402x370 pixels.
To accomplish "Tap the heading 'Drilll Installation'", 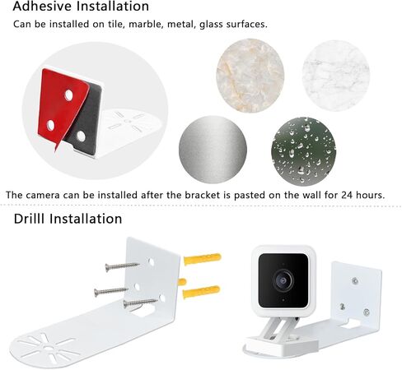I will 68,219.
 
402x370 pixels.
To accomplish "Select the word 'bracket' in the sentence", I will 195,195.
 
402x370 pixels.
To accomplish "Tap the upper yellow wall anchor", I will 202,260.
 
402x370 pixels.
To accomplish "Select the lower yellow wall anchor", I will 201,291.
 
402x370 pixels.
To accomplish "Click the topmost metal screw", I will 123,266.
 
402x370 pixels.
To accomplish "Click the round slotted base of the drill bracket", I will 50,345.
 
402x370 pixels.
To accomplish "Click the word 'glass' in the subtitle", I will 223,24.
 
